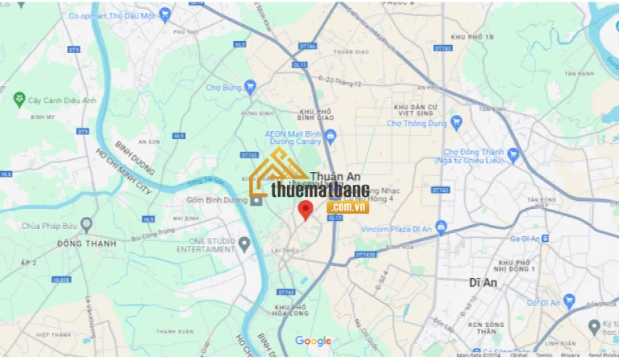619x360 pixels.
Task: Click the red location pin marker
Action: tap(305, 211)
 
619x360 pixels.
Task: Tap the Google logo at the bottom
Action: tap(313, 342)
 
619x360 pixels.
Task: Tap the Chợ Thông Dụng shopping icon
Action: tap(457, 123)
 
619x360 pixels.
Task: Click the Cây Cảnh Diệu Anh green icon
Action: tap(19, 100)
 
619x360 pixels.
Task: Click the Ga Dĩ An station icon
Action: tap(546, 239)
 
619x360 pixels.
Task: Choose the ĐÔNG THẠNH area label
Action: tap(87, 243)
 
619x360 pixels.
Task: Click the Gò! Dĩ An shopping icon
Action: tap(570, 302)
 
